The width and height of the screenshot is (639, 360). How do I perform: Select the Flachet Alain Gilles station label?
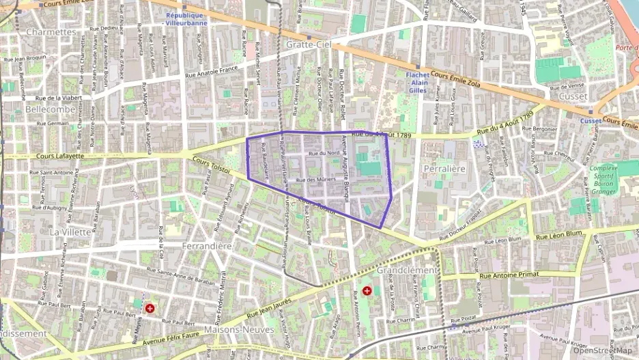pos(417,82)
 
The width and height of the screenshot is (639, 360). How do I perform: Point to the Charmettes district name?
pos(51,32)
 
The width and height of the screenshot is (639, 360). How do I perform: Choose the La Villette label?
pos(70,232)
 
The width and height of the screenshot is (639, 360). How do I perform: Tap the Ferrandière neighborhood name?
pos(208,245)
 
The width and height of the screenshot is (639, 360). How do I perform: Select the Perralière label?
pos(444,168)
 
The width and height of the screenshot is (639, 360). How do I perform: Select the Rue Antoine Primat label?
pos(509,275)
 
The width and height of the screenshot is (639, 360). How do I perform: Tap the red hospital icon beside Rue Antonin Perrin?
pos(367,290)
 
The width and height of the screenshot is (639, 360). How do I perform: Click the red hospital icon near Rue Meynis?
pos(150,308)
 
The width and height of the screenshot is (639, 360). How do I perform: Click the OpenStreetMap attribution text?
pos(601,350)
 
